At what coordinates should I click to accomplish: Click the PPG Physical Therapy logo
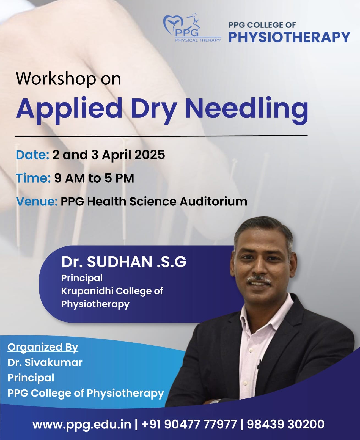point(192,28)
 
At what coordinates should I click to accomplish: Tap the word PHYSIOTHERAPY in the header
point(289,37)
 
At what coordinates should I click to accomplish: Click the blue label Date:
point(32,155)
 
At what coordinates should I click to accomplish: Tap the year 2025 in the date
point(150,155)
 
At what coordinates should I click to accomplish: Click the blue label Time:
point(33,178)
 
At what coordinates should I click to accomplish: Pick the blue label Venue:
point(37,202)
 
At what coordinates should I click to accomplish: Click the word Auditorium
point(213,202)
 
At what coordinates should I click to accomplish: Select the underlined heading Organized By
point(43,347)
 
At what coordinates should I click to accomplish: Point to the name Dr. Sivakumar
point(45,362)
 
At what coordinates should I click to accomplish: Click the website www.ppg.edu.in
point(82,424)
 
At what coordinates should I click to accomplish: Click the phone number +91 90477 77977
point(189,424)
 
